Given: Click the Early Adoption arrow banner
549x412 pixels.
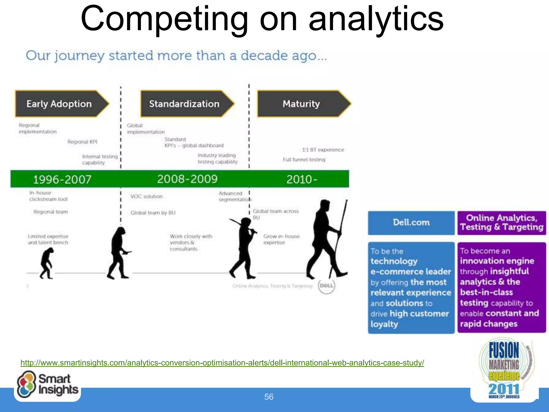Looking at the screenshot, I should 60,104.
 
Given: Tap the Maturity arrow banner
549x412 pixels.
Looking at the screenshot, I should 302,104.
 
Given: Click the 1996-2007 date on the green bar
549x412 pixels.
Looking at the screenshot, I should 62,179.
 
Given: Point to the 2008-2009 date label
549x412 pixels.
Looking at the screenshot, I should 187,179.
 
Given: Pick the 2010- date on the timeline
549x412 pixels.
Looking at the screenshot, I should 302,179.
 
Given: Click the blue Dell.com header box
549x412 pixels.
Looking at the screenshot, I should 411,223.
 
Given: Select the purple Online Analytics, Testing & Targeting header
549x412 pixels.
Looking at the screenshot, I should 502,223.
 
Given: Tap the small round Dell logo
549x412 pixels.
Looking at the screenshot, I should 326,286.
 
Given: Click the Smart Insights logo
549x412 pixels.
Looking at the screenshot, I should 47,385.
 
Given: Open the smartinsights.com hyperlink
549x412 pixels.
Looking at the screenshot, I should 222,363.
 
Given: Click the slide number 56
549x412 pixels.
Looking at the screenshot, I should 269,397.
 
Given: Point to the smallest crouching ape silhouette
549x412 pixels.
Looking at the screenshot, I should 47,263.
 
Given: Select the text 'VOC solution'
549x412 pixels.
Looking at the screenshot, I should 146,196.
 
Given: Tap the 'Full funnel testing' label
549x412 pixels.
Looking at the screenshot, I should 304,160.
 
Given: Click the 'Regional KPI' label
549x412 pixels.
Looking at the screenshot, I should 82,142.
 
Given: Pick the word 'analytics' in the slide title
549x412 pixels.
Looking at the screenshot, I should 376,19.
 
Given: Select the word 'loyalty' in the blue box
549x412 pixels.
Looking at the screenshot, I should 384,324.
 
